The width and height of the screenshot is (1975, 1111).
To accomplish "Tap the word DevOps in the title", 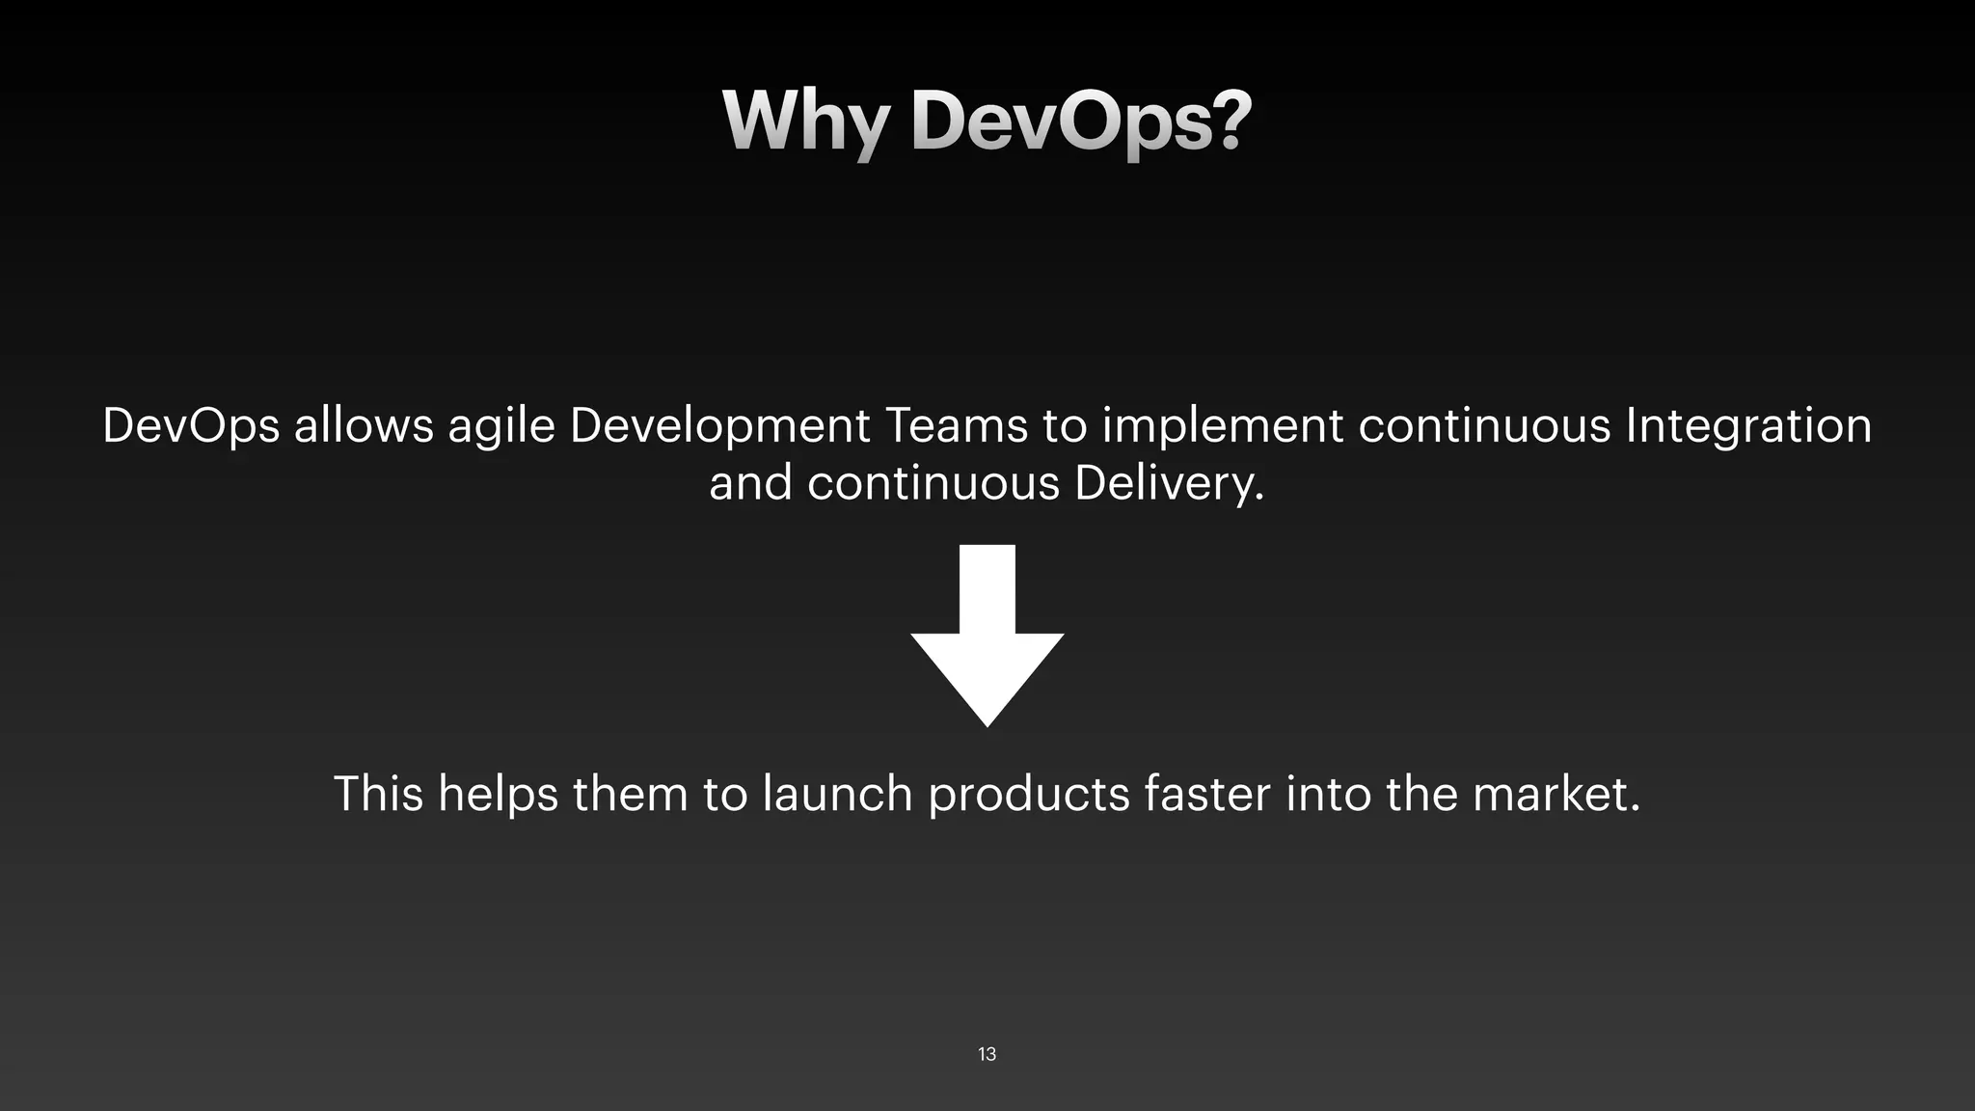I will coord(1081,122).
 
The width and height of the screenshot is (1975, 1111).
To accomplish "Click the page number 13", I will coord(987,1054).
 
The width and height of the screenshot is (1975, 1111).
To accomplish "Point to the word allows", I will coord(364,425).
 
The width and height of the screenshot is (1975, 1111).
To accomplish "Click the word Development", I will coord(719,427).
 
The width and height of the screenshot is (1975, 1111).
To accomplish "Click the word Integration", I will coord(1748,427).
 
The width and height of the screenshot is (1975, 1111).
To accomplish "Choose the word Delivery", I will coord(1169,483).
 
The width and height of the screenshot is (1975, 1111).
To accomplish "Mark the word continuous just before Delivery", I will coord(933,483).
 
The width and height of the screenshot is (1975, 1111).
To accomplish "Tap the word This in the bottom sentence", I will coord(378,794).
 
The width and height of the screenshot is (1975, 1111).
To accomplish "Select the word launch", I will coord(837,794).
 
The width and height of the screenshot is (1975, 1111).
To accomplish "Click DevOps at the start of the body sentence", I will coord(191,427).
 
